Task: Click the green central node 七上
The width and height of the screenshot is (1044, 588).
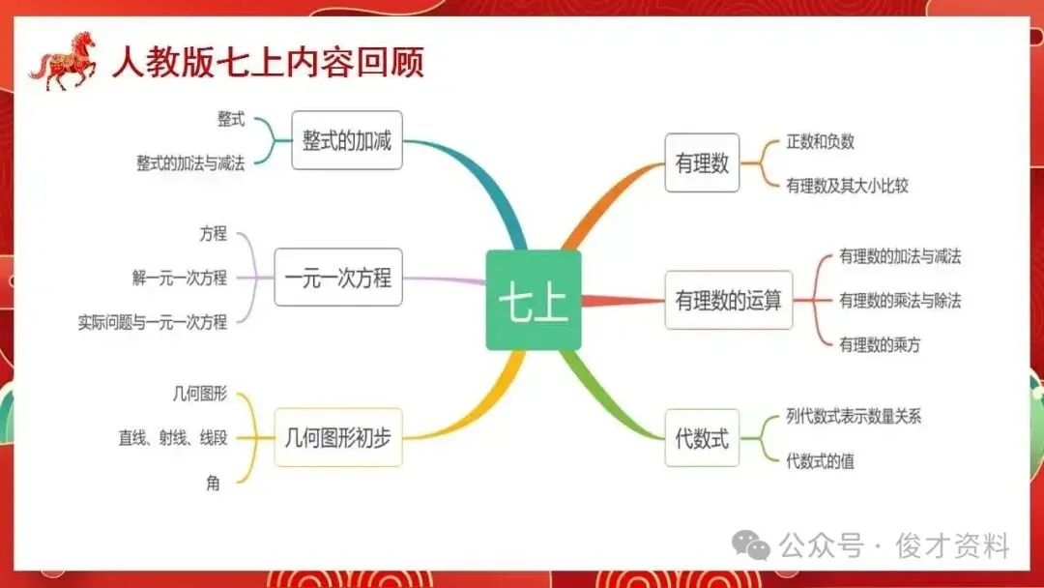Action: tap(533, 300)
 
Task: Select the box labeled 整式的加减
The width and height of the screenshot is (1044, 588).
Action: tap(346, 140)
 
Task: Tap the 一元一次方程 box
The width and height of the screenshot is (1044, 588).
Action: tap(337, 278)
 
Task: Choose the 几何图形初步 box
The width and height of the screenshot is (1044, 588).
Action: tap(337, 437)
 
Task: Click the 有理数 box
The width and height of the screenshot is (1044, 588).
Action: tap(702, 162)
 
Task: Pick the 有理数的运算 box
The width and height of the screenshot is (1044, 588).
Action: tap(728, 300)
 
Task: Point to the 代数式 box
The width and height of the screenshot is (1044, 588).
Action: tap(702, 437)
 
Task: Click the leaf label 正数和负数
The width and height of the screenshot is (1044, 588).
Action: tap(820, 141)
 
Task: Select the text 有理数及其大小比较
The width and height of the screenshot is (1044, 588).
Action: tap(847, 185)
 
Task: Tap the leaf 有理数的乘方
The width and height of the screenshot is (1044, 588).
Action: tap(880, 344)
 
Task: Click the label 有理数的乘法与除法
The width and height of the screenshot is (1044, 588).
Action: tap(900, 300)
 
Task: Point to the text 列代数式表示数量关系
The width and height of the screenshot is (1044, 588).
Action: tap(854, 417)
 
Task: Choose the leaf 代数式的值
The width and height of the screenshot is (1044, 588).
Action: tap(820, 461)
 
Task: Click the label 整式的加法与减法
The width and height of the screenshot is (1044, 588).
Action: tap(190, 162)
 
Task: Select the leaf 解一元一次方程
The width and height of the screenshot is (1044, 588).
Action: tap(180, 278)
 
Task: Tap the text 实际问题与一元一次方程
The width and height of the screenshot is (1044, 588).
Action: tap(153, 322)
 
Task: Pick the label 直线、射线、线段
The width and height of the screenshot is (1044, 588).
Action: tap(173, 437)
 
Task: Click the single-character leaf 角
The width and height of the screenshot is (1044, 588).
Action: tap(213, 483)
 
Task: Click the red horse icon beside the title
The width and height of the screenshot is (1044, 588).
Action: tap(63, 60)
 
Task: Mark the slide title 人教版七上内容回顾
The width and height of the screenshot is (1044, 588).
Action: tap(268, 62)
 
